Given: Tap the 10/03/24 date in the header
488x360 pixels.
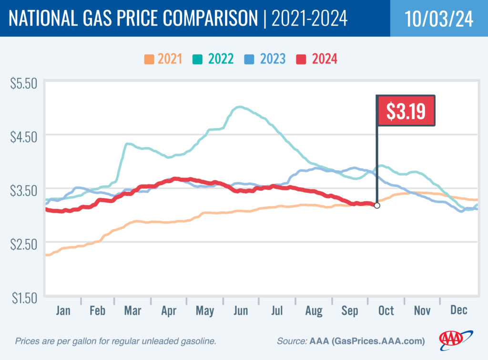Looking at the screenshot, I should coord(439,19).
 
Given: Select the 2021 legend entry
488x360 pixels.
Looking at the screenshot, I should coord(163,59).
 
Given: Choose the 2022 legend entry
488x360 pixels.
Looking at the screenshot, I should coord(214,59).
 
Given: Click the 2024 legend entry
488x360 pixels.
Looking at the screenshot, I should coord(317,59).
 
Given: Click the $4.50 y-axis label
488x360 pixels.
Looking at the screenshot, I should coord(23,137).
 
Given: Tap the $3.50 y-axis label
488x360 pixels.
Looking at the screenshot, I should coord(23,191).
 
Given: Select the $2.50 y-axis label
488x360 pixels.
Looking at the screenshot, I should coord(23,244).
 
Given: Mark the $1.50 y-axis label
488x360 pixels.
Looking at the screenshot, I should coord(23,298).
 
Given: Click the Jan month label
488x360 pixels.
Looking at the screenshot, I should coord(63,311).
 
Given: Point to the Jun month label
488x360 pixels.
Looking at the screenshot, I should coord(241,311).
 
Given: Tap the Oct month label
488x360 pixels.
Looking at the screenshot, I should coord(386,311).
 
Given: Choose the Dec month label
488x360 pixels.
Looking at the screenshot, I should coord(458,311).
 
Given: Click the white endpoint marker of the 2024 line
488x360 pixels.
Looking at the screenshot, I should coord(377,206).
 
